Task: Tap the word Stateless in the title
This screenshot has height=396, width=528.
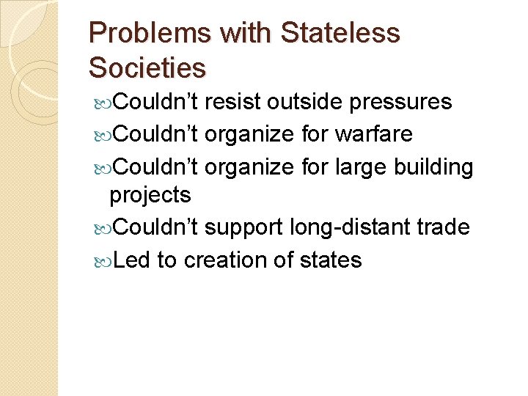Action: click(341, 34)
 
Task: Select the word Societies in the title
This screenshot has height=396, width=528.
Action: click(147, 67)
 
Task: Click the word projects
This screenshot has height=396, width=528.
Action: click(150, 196)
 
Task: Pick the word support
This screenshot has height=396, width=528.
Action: click(243, 228)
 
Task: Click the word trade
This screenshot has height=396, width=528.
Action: click(442, 227)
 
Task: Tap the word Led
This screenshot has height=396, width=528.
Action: click(132, 260)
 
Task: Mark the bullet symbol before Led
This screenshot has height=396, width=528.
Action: click(102, 261)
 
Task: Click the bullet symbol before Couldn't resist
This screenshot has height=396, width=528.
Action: click(102, 103)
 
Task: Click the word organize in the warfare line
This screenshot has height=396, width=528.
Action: click(250, 135)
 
